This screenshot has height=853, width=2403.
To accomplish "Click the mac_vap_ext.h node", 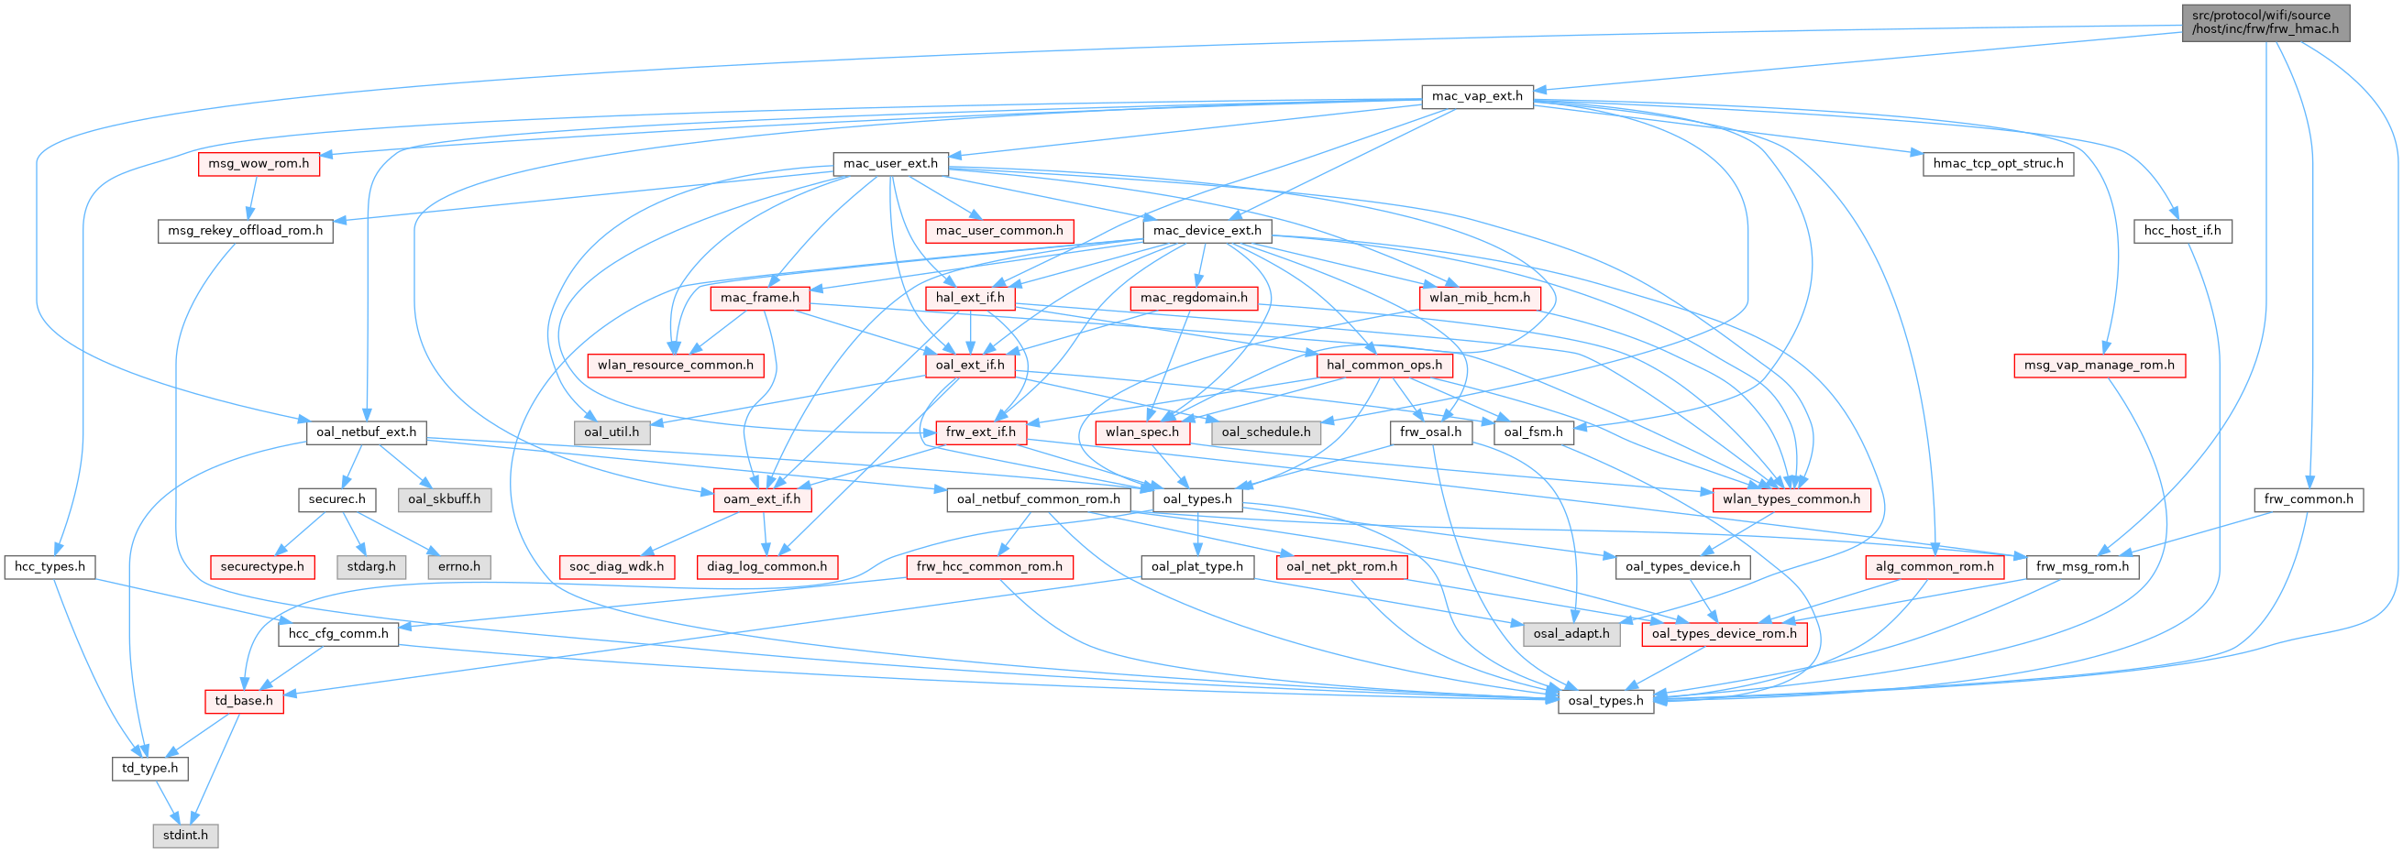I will [1477, 96].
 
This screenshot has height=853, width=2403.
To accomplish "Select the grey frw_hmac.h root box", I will [2264, 21].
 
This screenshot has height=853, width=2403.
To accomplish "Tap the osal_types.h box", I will [1605, 701].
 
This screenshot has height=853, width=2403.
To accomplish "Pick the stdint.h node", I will [185, 835].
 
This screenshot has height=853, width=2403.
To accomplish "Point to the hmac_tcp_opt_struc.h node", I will [1997, 164].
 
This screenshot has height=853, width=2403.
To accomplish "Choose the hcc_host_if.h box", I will [2182, 231].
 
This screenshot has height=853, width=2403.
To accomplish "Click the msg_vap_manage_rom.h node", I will [2098, 366].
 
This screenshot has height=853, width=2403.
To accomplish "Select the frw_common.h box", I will [2309, 499].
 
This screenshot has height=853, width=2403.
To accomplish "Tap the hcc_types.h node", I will [50, 567].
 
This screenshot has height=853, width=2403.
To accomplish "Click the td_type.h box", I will [150, 768].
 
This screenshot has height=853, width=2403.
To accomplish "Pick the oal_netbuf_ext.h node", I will [367, 432].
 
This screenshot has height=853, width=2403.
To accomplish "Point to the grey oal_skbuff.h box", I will [444, 499].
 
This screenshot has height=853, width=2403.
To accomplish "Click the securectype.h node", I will [262, 567].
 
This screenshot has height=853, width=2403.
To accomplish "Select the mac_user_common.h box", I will [999, 231].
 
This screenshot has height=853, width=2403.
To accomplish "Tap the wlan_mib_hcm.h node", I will [1480, 299].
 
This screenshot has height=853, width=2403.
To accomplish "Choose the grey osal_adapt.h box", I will [1571, 634].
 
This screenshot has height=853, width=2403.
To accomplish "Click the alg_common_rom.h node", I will [1935, 567].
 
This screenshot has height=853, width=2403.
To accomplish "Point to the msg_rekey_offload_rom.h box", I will [246, 231].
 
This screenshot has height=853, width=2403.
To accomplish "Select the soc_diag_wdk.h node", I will [617, 567].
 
